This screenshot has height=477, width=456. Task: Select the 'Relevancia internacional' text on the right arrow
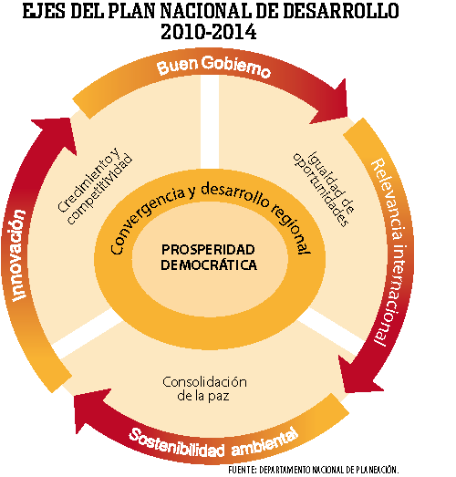392,252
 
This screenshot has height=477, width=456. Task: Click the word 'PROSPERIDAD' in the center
208,250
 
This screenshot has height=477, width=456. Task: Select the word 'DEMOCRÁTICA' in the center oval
209,265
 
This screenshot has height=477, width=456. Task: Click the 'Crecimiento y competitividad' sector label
95,186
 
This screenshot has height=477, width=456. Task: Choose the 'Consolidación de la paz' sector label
204,389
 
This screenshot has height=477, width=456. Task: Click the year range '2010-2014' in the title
209,32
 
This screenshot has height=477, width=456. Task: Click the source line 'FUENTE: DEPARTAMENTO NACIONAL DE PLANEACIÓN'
314,470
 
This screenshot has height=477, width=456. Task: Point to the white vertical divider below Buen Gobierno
210,121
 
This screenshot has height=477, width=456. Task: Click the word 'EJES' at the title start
44,11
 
